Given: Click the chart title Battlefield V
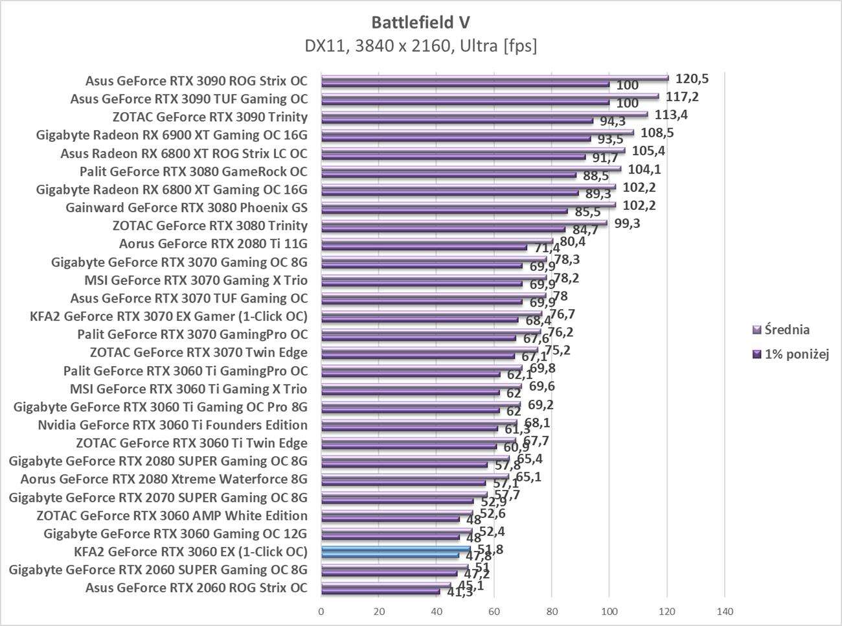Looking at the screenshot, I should (420, 22).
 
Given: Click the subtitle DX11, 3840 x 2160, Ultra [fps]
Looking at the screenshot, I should (420, 46).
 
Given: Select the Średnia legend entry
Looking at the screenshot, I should (786, 329).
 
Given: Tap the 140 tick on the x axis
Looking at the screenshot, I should (724, 610).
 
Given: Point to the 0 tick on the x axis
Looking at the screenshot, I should (321, 610).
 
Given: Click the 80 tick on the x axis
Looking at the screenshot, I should (552, 610).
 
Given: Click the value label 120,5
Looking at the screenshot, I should (692, 78).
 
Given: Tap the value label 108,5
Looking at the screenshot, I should (657, 133).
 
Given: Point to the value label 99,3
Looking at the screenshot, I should (626, 224).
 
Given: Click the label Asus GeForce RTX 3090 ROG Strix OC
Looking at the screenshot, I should (196, 81).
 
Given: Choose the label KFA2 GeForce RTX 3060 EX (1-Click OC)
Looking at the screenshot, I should (191, 551).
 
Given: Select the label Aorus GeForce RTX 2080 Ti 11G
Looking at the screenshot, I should (213, 244).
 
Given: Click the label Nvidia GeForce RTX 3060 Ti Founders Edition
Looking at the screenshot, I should (172, 425).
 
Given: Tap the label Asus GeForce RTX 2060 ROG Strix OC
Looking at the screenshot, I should (196, 588).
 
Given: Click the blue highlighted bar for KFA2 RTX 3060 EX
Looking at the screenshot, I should (396, 549).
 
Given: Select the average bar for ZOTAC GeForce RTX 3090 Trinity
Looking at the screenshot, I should (484, 114).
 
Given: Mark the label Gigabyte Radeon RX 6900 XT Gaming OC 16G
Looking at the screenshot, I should (172, 135).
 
